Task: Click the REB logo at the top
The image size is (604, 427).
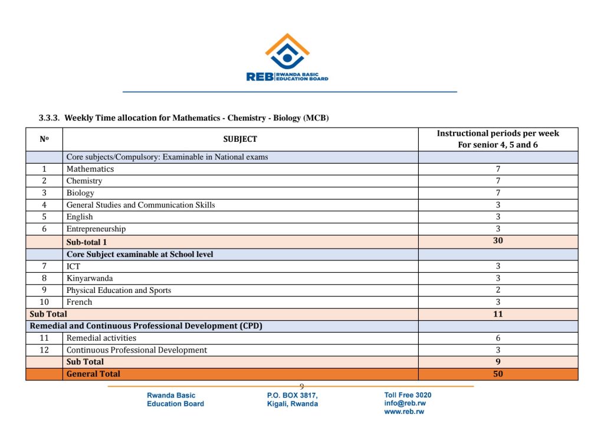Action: coord(287,57)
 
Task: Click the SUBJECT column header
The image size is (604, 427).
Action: coord(240,139)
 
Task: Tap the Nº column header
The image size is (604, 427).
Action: coord(44,139)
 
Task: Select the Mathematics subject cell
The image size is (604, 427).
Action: coord(90,169)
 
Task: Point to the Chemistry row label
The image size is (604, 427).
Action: coord(84,181)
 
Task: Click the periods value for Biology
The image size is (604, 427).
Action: coord(498,193)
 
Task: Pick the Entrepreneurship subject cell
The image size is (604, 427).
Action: coord(96,229)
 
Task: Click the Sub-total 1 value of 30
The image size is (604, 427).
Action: coord(498,241)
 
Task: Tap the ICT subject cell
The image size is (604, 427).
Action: coord(73,266)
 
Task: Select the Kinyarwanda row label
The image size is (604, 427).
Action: coord(90,278)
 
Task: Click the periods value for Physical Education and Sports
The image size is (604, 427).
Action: coord(498,290)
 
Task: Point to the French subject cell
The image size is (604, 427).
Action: coord(80,302)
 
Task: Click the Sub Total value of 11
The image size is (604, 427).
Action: coord(498,314)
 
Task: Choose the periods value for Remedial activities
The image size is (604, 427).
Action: coord(498,338)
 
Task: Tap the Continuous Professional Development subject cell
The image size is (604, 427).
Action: coord(137,350)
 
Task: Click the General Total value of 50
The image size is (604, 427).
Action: coord(498,374)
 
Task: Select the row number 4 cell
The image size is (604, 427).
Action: coord(44,205)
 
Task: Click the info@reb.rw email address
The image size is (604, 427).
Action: coord(405,403)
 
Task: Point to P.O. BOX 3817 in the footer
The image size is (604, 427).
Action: coord(293,396)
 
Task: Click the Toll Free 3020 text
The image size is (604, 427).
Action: coord(408,395)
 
